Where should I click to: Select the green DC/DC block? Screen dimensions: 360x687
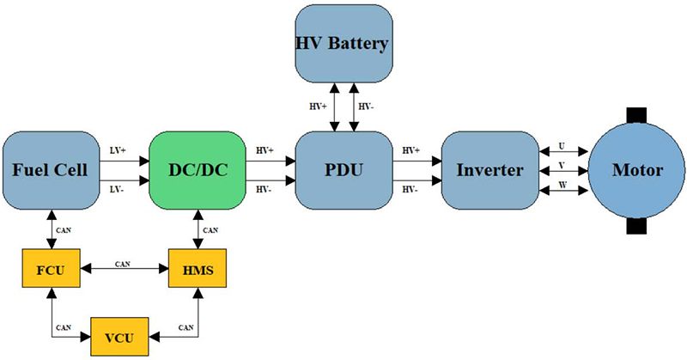[x=198, y=170]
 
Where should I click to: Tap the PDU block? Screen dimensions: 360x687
[x=343, y=170]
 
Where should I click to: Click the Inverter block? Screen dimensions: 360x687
[x=489, y=170]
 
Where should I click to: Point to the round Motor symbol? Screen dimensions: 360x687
[x=636, y=170]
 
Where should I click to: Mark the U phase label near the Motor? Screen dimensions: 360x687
[x=561, y=147]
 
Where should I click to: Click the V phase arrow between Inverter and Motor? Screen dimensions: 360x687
[x=561, y=172]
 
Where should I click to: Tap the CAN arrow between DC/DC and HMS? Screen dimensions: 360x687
[x=198, y=229]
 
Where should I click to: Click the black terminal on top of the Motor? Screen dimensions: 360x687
[x=636, y=114]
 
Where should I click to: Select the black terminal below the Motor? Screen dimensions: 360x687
[x=636, y=227]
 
